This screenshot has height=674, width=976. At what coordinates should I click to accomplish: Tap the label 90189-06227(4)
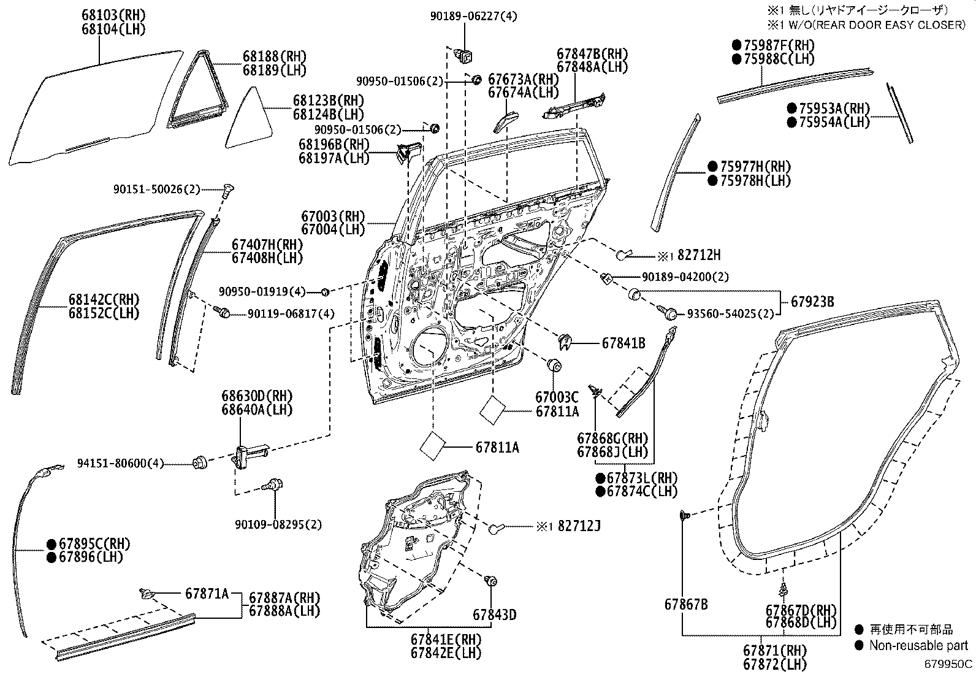(x=473, y=17)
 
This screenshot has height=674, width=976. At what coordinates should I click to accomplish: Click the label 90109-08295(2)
(x=278, y=524)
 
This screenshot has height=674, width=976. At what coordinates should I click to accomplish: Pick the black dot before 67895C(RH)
(x=52, y=543)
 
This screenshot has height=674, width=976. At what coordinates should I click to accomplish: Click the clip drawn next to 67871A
(x=147, y=593)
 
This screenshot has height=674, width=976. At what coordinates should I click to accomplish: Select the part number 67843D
(x=494, y=614)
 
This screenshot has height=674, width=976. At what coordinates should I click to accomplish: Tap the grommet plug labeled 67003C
(x=555, y=365)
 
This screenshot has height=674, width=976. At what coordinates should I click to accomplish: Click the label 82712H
(x=699, y=255)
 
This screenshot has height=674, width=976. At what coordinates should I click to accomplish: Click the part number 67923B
(x=812, y=302)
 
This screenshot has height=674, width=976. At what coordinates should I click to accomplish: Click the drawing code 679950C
(x=948, y=664)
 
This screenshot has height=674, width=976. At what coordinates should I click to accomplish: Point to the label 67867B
(x=686, y=605)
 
